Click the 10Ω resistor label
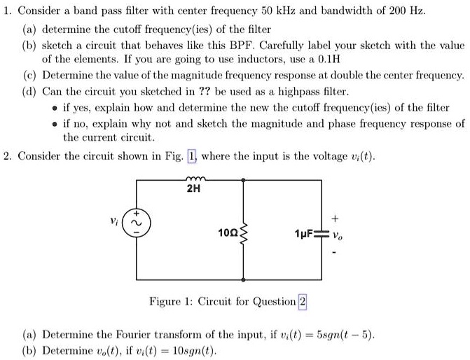[226, 231]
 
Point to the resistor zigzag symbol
[244, 230]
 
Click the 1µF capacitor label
[304, 232]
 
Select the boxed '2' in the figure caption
[303, 302]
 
